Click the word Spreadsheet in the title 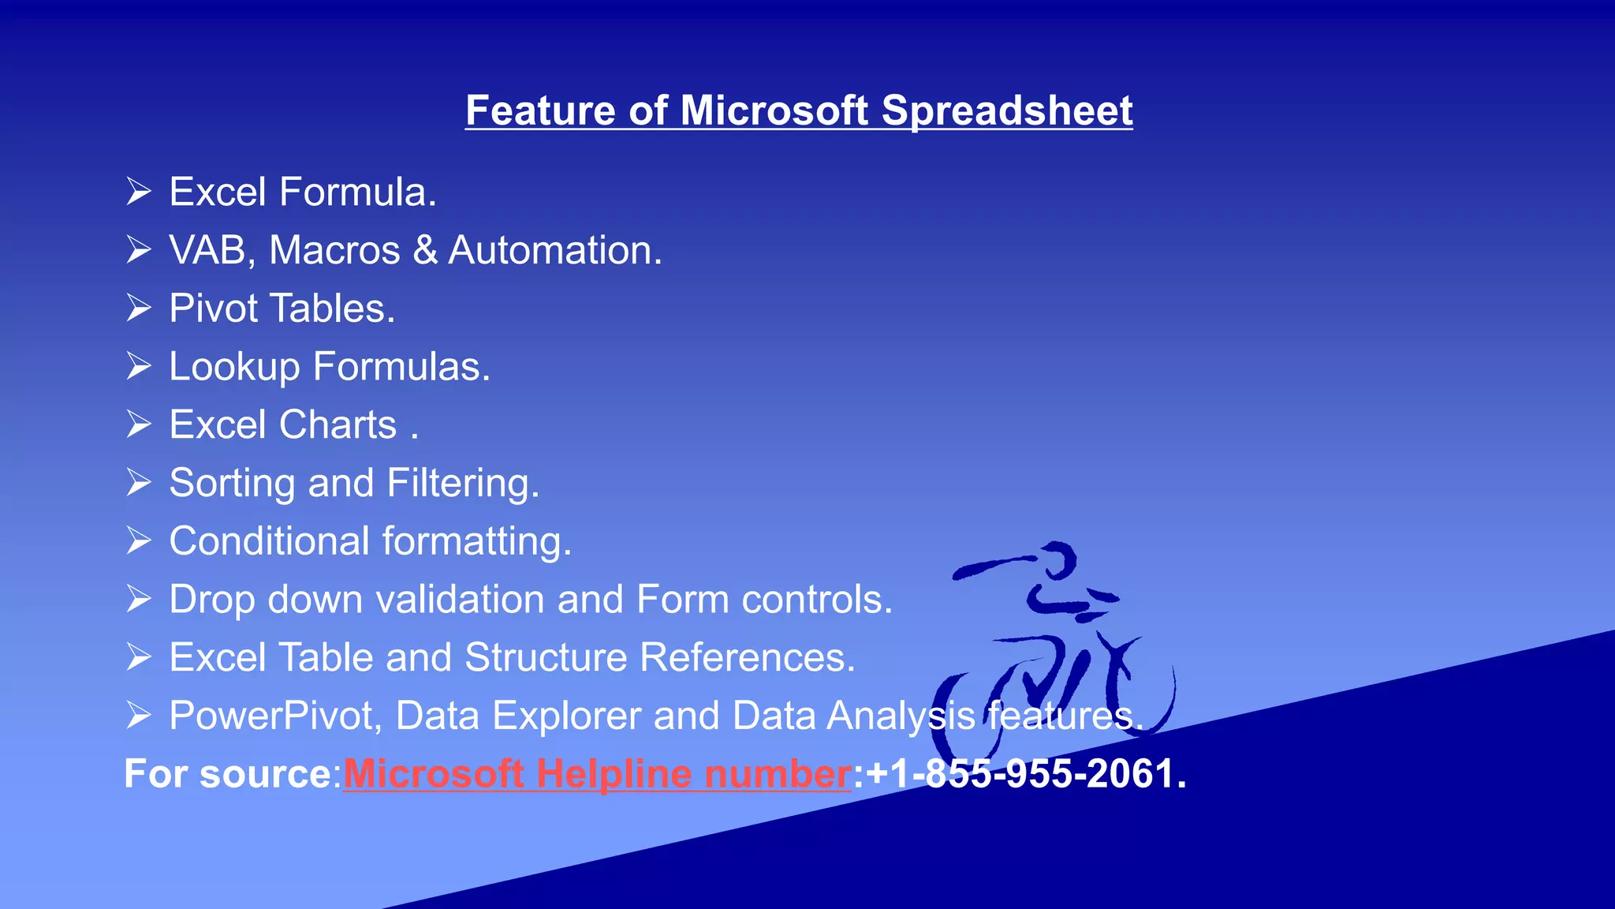[x=1006, y=110]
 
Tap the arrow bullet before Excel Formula [x=139, y=192]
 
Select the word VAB [x=208, y=250]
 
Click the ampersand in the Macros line [x=425, y=250]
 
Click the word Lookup [x=234, y=367]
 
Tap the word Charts [x=338, y=425]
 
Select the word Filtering [x=462, y=483]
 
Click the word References [x=747, y=657]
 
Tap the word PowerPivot [x=275, y=716]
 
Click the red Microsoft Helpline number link [x=597, y=773]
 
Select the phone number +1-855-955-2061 [x=1024, y=773]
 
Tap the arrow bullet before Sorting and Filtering [x=139, y=482]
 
